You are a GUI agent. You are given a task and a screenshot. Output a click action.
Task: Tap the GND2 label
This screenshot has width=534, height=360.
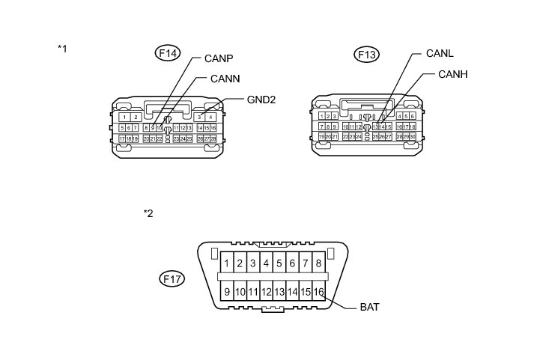(x=262, y=98)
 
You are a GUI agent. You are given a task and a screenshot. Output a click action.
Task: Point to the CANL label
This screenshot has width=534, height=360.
(x=440, y=53)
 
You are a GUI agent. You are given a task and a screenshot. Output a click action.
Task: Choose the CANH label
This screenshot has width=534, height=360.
(x=452, y=74)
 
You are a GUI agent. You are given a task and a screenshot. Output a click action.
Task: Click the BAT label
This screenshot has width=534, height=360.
(x=371, y=306)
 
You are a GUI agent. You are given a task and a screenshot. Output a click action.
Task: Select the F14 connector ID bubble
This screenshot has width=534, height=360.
(x=168, y=53)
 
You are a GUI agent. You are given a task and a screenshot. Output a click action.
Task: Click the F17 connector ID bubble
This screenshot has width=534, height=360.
(x=173, y=278)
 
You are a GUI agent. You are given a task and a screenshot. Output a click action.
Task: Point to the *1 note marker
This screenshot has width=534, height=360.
(x=63, y=49)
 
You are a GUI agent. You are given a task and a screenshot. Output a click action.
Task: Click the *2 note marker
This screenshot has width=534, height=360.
(x=148, y=213)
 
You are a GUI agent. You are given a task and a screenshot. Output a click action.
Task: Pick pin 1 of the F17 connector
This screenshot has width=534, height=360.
(x=226, y=263)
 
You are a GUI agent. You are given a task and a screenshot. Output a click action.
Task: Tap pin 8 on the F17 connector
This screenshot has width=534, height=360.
(x=318, y=263)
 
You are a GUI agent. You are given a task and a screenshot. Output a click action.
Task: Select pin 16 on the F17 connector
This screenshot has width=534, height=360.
(x=318, y=291)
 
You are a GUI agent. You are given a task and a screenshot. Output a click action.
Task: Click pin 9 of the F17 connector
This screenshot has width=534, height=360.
(x=226, y=291)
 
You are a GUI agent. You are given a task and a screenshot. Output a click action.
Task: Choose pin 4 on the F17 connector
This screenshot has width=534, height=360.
(x=266, y=263)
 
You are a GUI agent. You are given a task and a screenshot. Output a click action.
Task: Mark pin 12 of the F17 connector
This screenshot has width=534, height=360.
(x=266, y=291)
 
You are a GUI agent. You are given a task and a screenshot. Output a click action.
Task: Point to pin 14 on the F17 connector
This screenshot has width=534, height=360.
(x=292, y=291)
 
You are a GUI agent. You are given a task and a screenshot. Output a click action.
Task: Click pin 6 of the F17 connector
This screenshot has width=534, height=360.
(x=292, y=263)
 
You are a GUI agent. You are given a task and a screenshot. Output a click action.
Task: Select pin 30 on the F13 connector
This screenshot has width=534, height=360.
(x=412, y=136)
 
